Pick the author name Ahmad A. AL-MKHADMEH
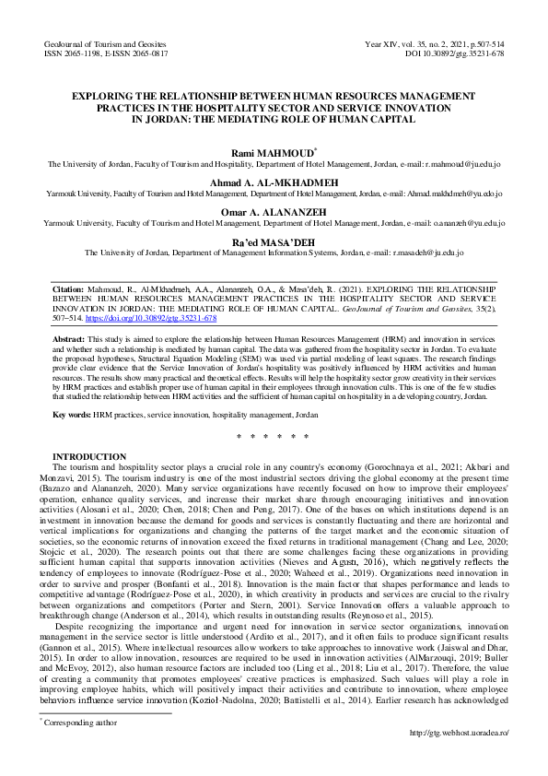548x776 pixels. coord(274,182)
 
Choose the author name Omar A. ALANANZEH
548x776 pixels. coord(274,212)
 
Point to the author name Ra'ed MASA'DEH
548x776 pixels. coord(274,240)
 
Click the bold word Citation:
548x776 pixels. coord(69,288)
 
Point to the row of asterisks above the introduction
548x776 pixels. coord(274,436)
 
